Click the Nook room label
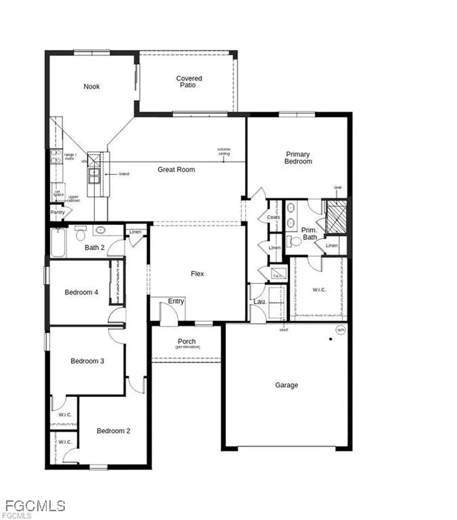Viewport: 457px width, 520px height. (x=92, y=87)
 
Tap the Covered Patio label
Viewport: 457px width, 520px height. (x=189, y=82)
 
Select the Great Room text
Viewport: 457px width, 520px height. (x=176, y=170)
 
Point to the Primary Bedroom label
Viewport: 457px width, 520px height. (x=298, y=158)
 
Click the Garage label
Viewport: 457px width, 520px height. (x=287, y=385)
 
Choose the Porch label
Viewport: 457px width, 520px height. (x=187, y=342)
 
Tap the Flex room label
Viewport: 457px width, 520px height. (x=197, y=274)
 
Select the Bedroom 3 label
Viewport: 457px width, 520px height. (x=87, y=361)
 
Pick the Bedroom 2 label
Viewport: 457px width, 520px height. (x=114, y=431)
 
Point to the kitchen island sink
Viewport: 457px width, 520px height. (x=94, y=175)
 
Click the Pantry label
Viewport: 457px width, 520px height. (x=57, y=212)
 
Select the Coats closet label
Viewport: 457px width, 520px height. (x=273, y=217)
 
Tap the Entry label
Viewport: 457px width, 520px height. (x=175, y=302)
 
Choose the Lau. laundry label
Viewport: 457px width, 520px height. (x=257, y=303)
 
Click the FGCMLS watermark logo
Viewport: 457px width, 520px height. (x=33, y=505)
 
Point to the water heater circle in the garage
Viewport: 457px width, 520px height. (x=340, y=330)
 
